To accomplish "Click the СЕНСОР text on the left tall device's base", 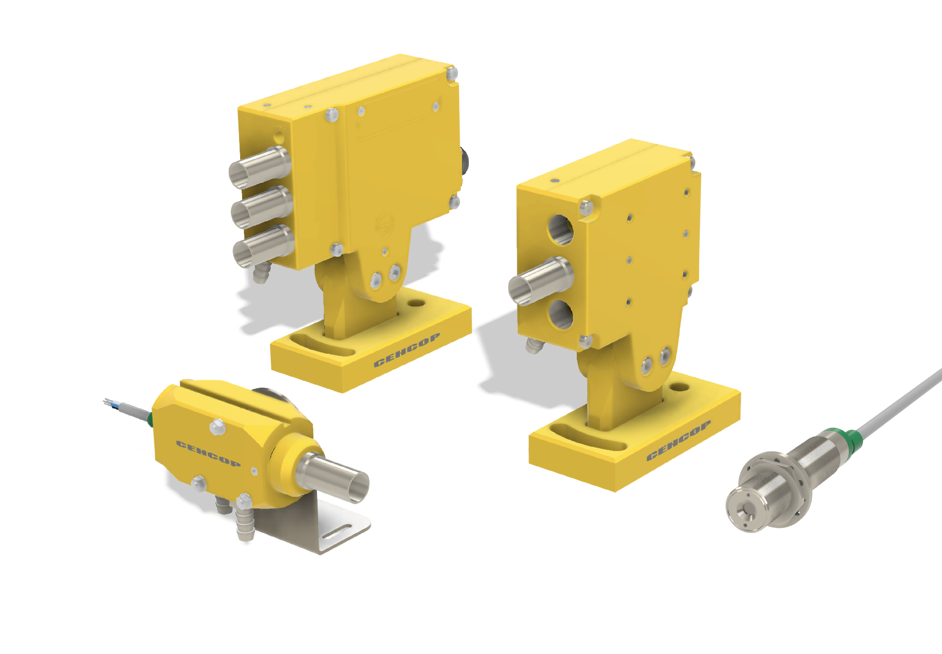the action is tap(407, 349).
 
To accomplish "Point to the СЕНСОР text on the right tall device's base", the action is tap(679, 441).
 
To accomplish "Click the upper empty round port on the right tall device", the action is tap(561, 230).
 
